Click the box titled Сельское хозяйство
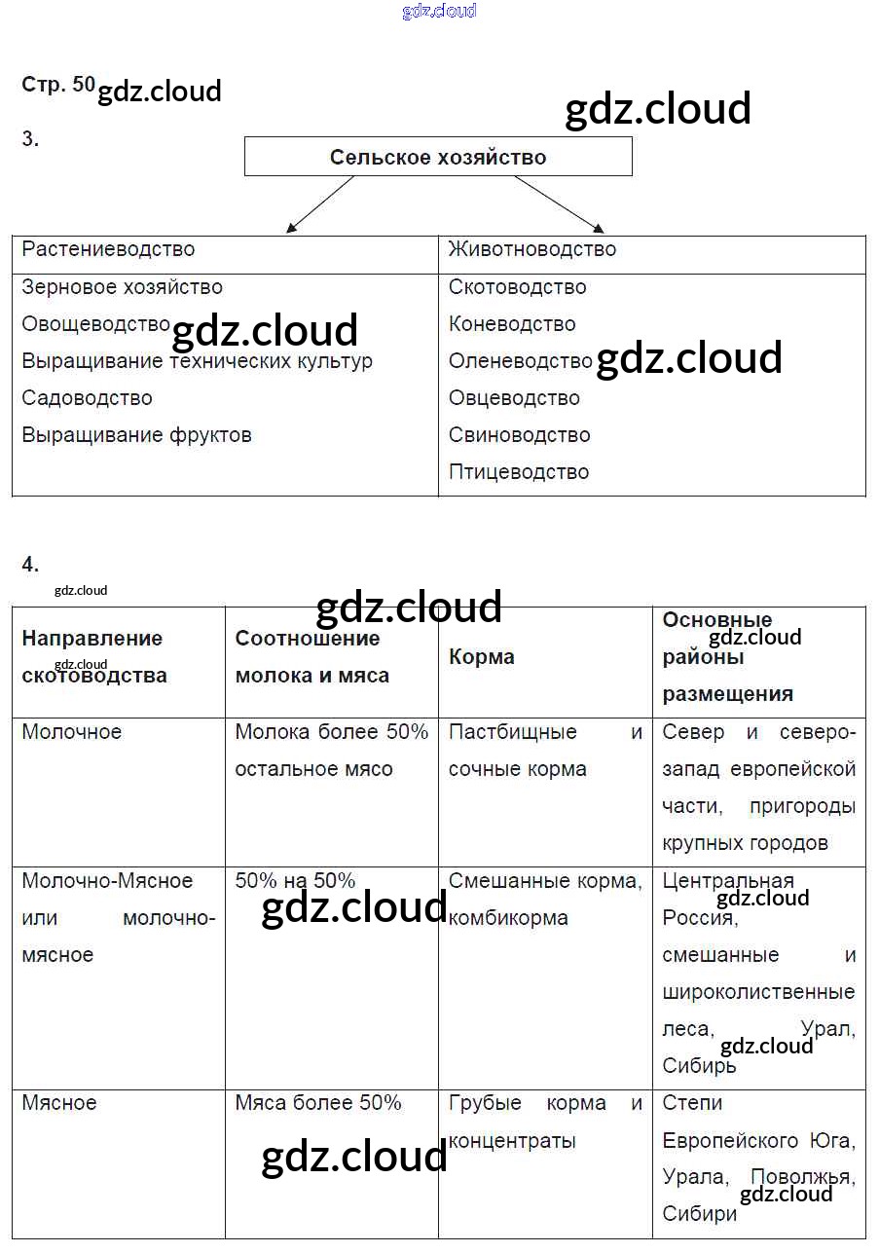click(438, 157)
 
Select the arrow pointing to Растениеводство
click(320, 204)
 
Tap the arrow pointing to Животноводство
click(559, 204)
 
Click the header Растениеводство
click(108, 249)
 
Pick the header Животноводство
click(532, 249)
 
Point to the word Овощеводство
click(95, 324)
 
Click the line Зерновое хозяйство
click(122, 287)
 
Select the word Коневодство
click(512, 324)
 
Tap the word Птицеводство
click(519, 472)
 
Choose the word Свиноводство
click(520, 435)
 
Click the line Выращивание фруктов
click(136, 435)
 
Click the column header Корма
click(482, 657)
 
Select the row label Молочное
click(72, 732)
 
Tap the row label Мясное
click(59, 1103)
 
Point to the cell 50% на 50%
click(295, 881)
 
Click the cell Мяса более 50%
click(318, 1103)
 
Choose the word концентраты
click(512, 1140)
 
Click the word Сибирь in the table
click(699, 1066)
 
